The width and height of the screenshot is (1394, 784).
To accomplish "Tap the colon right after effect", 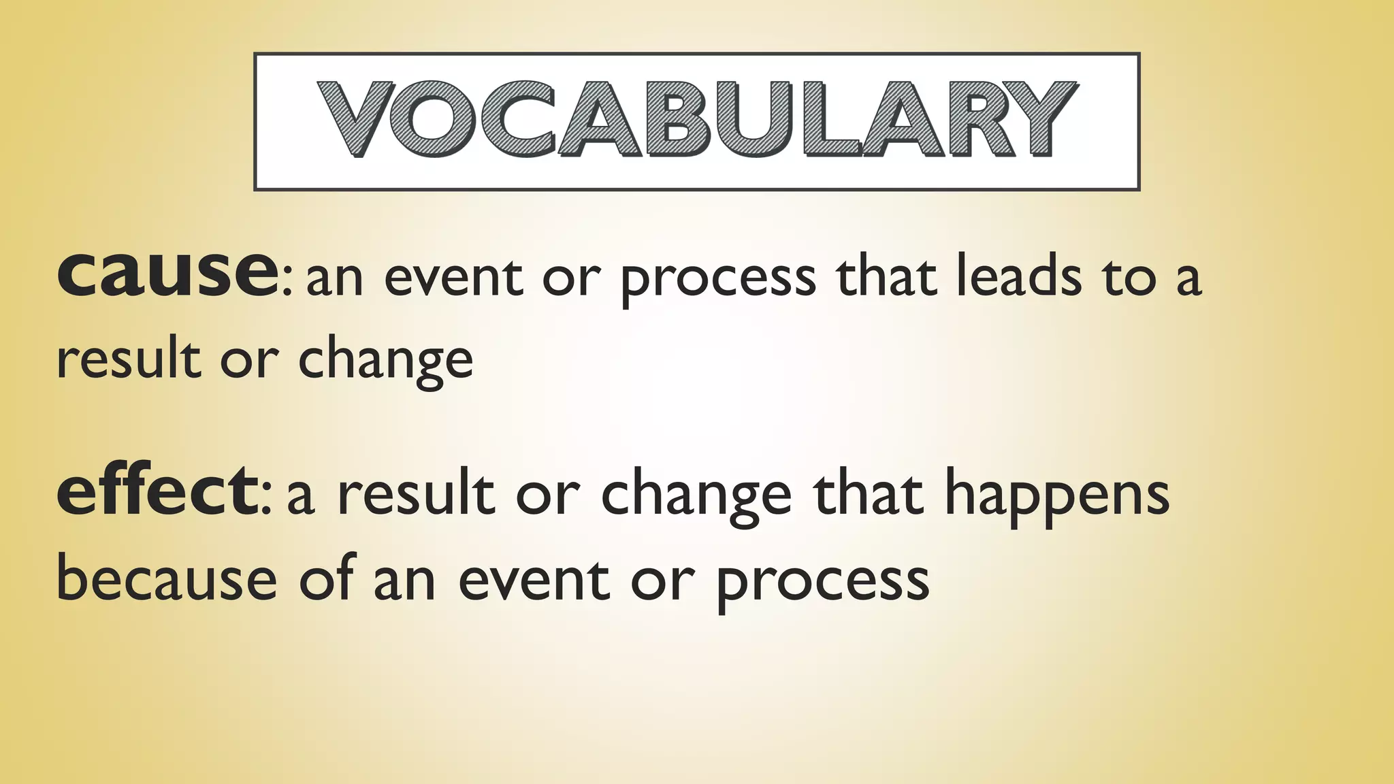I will click(x=267, y=500).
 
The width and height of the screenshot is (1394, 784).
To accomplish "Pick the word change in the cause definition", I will click(x=385, y=361).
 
